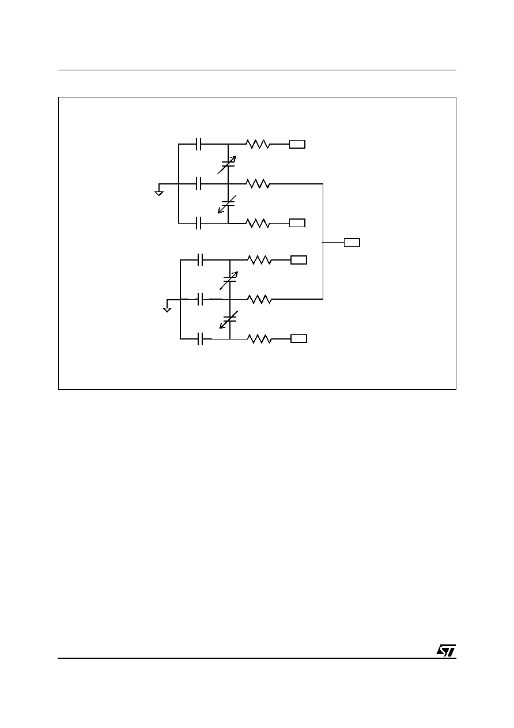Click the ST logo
(x=446, y=650)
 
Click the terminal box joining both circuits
(x=352, y=243)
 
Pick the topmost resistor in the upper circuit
(x=258, y=144)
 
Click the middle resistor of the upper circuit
(x=258, y=184)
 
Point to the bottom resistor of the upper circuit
(x=258, y=223)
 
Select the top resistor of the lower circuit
(x=259, y=260)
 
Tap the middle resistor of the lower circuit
(x=259, y=299)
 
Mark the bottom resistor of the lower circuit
(x=259, y=339)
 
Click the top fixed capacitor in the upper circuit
(x=199, y=144)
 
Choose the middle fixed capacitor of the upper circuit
(x=199, y=184)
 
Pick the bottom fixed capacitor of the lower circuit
(x=201, y=339)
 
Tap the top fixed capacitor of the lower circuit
(x=201, y=260)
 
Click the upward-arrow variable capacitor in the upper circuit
(x=228, y=164)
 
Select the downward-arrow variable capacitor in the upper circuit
(x=228, y=204)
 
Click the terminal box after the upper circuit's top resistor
(x=297, y=144)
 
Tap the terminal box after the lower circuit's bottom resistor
(x=299, y=339)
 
